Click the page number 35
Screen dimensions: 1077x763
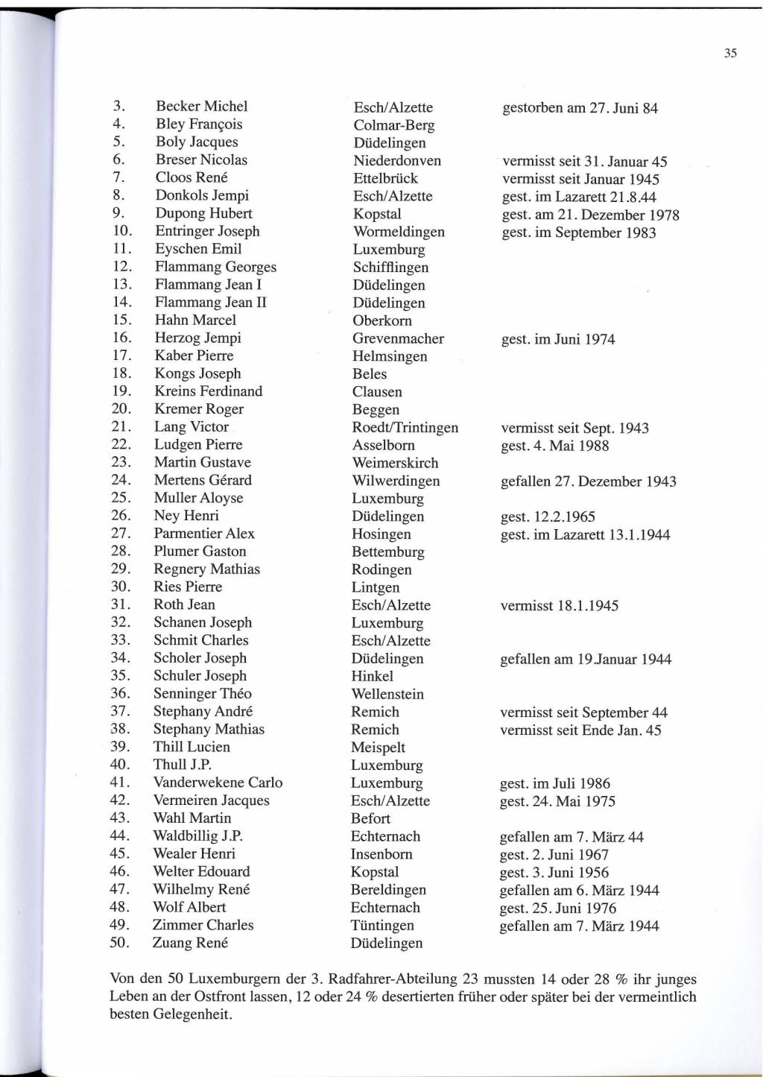[x=729, y=53]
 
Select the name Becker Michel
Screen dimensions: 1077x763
[x=201, y=107]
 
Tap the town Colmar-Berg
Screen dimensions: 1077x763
[x=393, y=125]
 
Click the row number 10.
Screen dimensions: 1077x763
[x=122, y=231]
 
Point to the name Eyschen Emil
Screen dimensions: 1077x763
[x=198, y=249]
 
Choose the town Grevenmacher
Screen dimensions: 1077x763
[x=398, y=338]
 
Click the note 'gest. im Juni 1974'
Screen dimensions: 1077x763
[x=558, y=340]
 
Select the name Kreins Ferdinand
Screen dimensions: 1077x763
[x=208, y=391]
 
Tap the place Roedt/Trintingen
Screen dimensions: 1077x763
[x=405, y=428]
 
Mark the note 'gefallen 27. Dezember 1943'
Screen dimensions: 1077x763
[x=588, y=481]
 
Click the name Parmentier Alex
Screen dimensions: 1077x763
[x=203, y=534]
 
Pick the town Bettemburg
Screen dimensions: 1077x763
[x=387, y=552]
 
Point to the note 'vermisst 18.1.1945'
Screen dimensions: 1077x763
[x=559, y=606]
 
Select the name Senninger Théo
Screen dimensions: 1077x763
[x=202, y=694]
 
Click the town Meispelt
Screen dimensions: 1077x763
[x=378, y=748]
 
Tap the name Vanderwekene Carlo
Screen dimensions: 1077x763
[x=218, y=783]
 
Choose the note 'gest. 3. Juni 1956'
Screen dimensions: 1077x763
[x=554, y=873]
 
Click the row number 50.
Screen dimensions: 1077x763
[x=119, y=943]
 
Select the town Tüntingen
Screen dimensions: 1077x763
[x=382, y=926]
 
